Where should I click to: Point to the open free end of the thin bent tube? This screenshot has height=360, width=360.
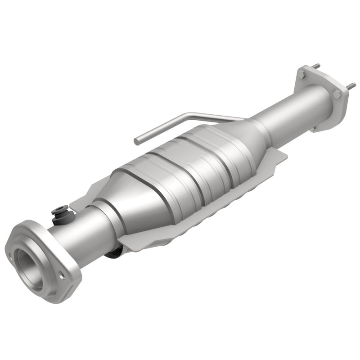click(x=137, y=141)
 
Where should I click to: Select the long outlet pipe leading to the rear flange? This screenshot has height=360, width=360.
click(x=288, y=108)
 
